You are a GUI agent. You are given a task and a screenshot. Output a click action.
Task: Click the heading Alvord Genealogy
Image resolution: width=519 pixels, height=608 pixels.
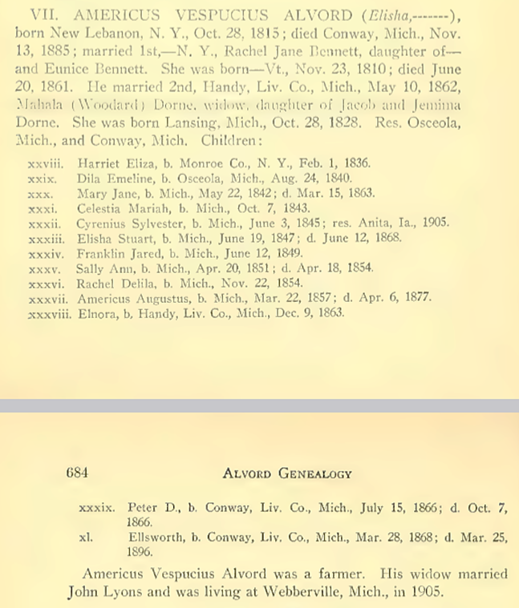[x=286, y=473]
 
